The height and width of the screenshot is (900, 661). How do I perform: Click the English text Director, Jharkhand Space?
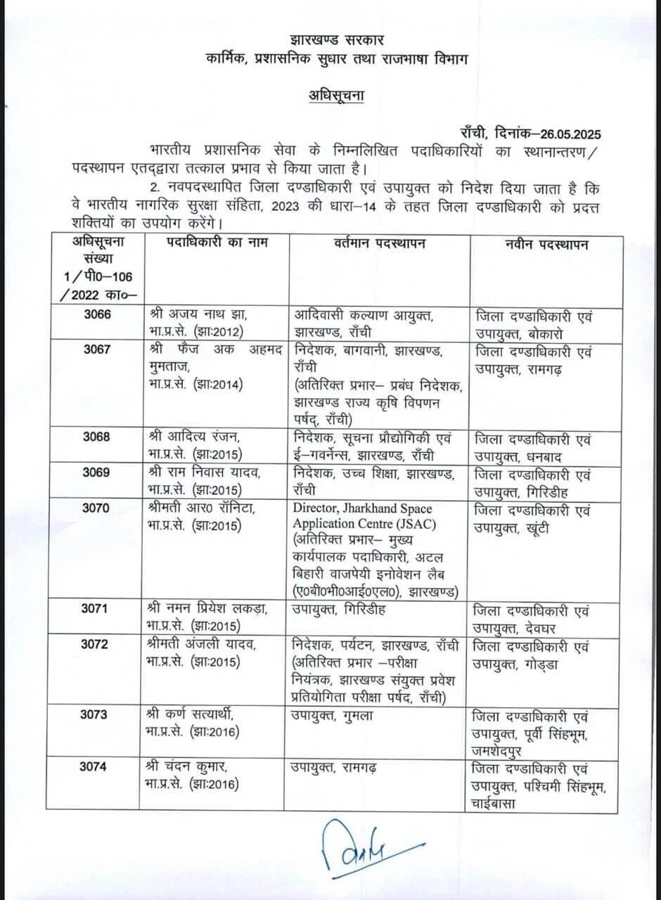pyautogui.click(x=362, y=508)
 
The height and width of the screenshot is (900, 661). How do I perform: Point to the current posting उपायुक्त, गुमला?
pyautogui.click(x=333, y=715)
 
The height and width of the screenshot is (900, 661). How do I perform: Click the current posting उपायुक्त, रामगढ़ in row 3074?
pyautogui.click(x=335, y=767)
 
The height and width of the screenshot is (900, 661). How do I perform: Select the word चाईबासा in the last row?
pyautogui.click(x=506, y=802)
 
